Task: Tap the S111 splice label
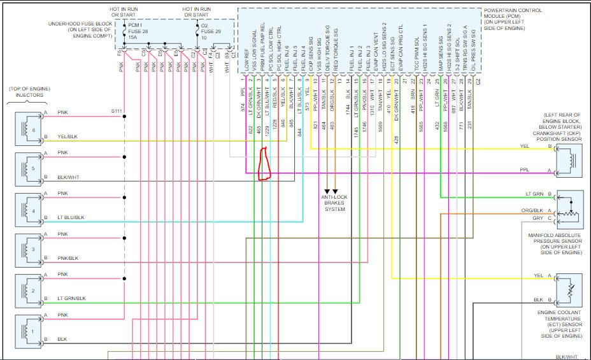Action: tap(117, 111)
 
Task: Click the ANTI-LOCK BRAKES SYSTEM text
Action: tap(334, 203)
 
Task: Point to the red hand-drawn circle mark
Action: tap(264, 164)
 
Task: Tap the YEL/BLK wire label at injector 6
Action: tap(66, 136)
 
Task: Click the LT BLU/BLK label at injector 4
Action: tap(70, 217)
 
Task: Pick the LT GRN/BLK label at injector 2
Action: tap(70, 298)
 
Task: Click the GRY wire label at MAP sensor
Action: tap(538, 218)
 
